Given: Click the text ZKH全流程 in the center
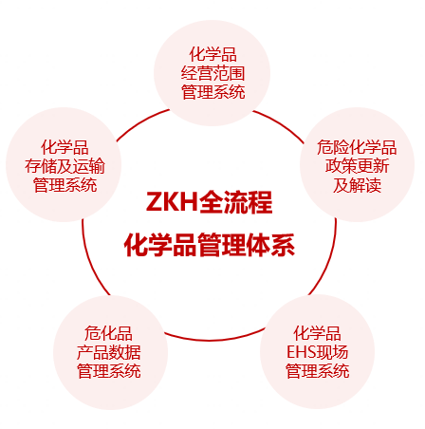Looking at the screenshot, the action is click(x=209, y=202).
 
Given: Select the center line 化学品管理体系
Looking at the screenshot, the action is click(x=210, y=245).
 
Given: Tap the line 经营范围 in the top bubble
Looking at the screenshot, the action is click(x=212, y=73).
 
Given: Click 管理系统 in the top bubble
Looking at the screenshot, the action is click(x=212, y=92).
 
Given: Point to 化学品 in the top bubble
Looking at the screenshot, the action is click(x=212, y=54).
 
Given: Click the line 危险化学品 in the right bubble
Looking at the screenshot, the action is click(x=357, y=147).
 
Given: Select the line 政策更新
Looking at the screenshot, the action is click(x=357, y=166).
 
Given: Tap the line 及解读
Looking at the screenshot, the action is click(x=357, y=185).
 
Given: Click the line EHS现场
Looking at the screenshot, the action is click(x=317, y=352).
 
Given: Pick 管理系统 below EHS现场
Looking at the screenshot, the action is click(x=317, y=371).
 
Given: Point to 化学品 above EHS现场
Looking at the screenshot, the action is click(x=317, y=333).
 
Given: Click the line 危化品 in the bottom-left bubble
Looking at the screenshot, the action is click(x=108, y=333).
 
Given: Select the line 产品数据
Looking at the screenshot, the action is click(x=108, y=352).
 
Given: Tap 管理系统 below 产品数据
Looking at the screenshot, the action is click(x=108, y=371).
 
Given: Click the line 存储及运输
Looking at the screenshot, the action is click(x=65, y=166).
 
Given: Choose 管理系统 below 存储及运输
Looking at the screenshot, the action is click(x=65, y=185).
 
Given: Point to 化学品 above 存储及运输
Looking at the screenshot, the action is click(x=65, y=147).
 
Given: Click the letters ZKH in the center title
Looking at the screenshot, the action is click(x=172, y=202).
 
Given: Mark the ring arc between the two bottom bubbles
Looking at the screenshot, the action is click(x=213, y=340).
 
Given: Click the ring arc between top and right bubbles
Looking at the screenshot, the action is click(x=280, y=124).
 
